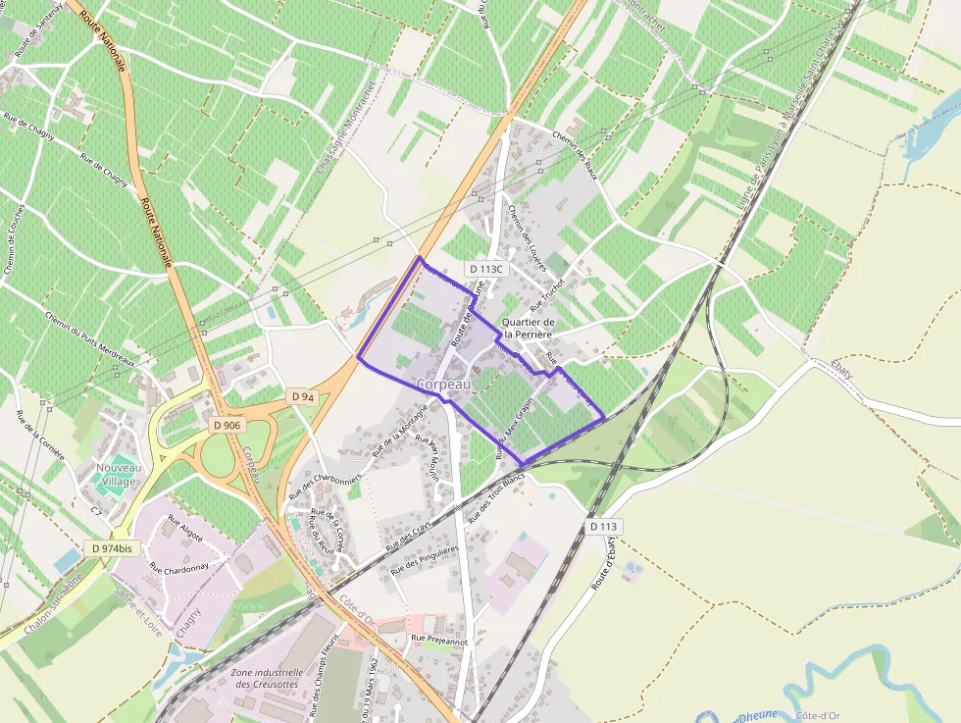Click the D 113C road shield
484,268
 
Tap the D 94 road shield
302,395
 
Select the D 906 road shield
228,426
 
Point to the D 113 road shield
604,527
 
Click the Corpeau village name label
443,385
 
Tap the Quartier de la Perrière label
529,329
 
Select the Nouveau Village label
119,475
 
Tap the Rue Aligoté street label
184,529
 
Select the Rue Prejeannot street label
439,640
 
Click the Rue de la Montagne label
399,438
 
